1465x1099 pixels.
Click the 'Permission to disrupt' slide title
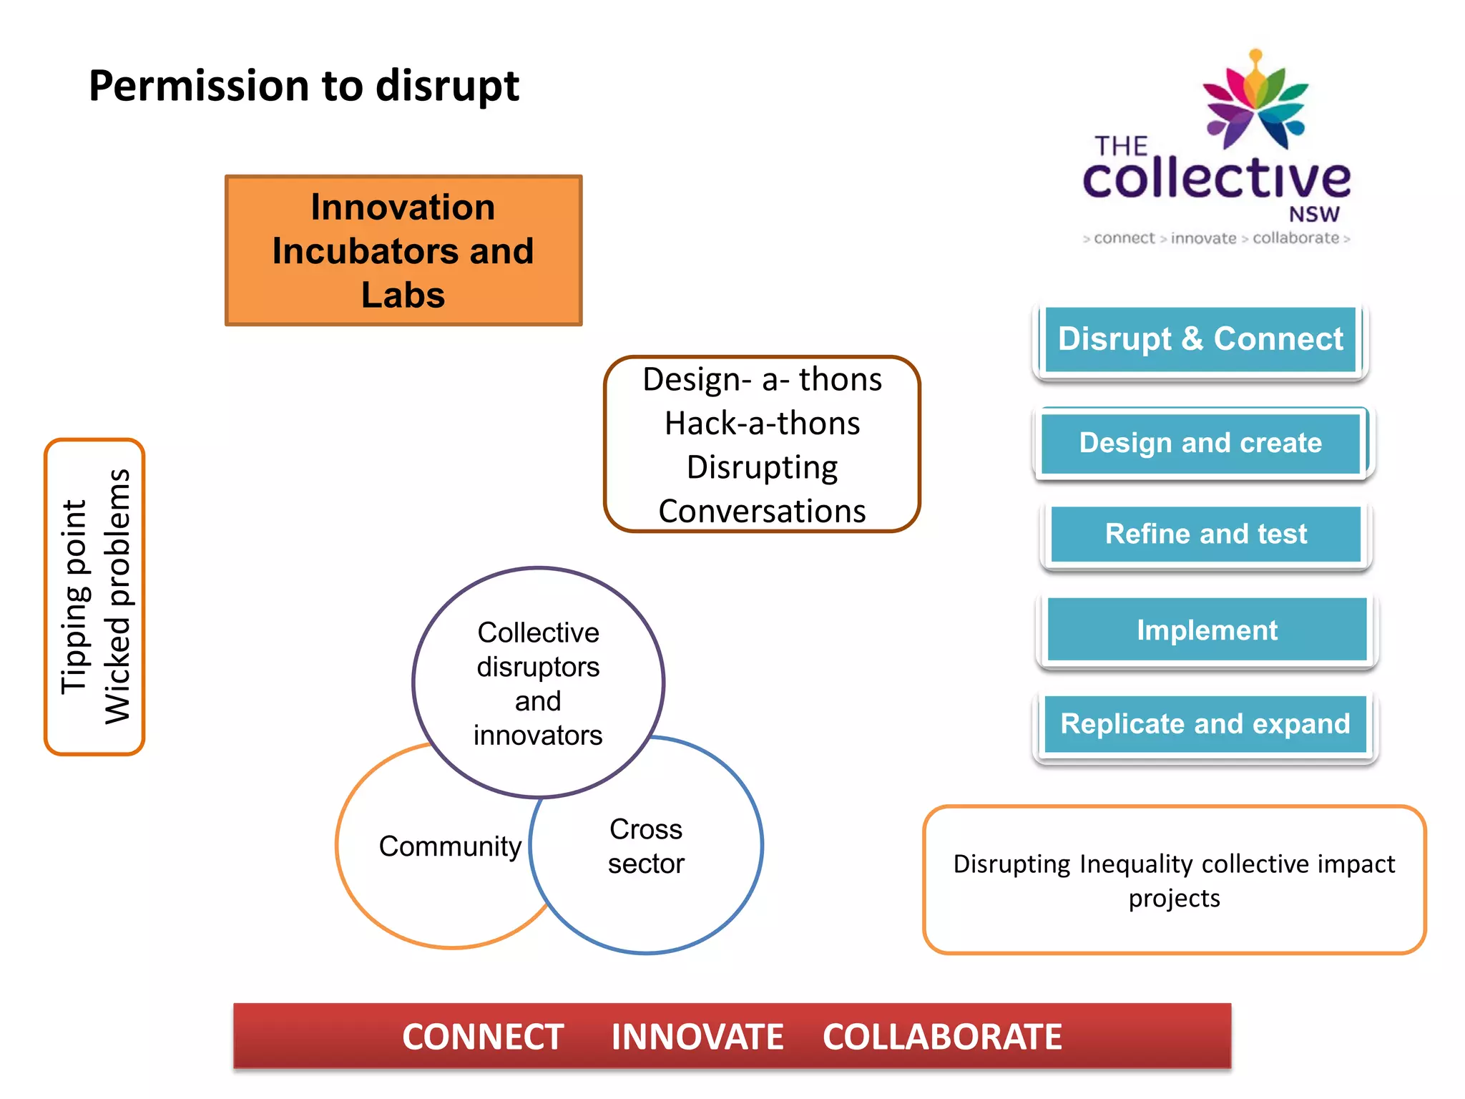[x=303, y=86]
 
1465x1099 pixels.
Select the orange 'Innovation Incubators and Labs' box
[x=403, y=250]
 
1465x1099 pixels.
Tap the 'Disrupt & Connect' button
[x=1200, y=339]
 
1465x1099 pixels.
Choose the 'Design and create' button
[x=1200, y=443]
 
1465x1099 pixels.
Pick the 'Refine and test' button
[x=1206, y=534]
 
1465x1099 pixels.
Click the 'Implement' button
[x=1207, y=630]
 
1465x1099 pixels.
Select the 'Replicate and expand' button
[x=1205, y=724]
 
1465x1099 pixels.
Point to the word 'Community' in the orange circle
[x=450, y=846]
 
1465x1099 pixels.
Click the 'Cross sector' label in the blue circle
[x=646, y=846]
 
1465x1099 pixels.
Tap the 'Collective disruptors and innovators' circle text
[x=538, y=683]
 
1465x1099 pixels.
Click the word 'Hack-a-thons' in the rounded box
[x=762, y=424]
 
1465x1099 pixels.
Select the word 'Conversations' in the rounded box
[x=762, y=512]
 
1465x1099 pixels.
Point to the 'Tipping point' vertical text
[x=74, y=597]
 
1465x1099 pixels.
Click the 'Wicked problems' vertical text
[x=118, y=597]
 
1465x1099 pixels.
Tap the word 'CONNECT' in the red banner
[x=483, y=1037]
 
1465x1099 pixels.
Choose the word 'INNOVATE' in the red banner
[x=697, y=1037]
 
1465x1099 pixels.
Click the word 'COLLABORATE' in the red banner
[x=942, y=1037]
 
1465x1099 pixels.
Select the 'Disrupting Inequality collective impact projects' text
[x=1174, y=881]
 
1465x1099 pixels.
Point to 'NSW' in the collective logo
[x=1314, y=215]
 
